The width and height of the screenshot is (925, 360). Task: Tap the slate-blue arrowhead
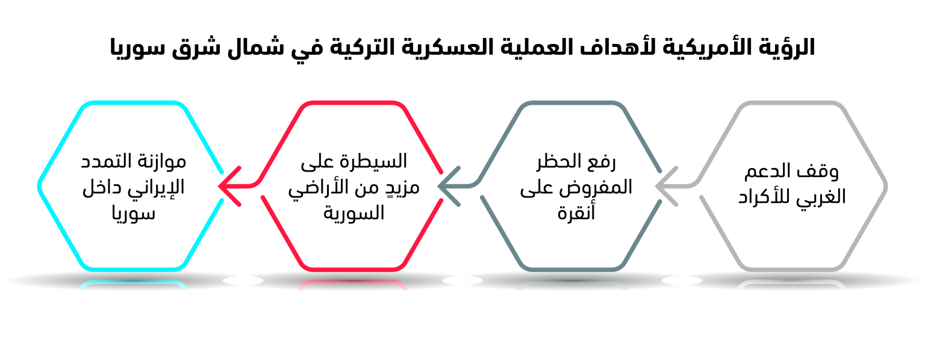(449, 186)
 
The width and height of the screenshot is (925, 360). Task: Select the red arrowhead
(229, 186)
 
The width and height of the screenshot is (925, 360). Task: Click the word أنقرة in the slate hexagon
(576, 212)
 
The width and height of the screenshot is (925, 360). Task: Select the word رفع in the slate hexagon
(600, 162)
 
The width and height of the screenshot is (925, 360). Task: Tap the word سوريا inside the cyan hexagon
(133, 214)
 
